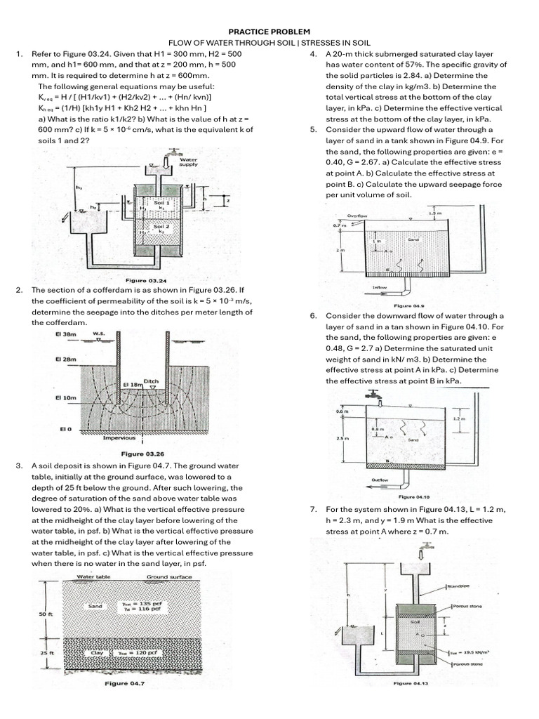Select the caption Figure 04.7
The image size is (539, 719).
(x=124, y=682)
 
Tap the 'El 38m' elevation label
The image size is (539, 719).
(x=65, y=334)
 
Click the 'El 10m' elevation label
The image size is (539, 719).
(x=65, y=397)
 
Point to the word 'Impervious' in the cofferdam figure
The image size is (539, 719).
(x=119, y=438)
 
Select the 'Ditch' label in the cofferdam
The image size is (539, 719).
(x=152, y=381)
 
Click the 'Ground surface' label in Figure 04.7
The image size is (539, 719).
(x=166, y=577)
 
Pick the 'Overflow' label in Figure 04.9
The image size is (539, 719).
(x=359, y=216)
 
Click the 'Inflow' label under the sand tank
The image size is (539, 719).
(x=380, y=287)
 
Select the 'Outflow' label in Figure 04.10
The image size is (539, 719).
(x=380, y=480)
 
